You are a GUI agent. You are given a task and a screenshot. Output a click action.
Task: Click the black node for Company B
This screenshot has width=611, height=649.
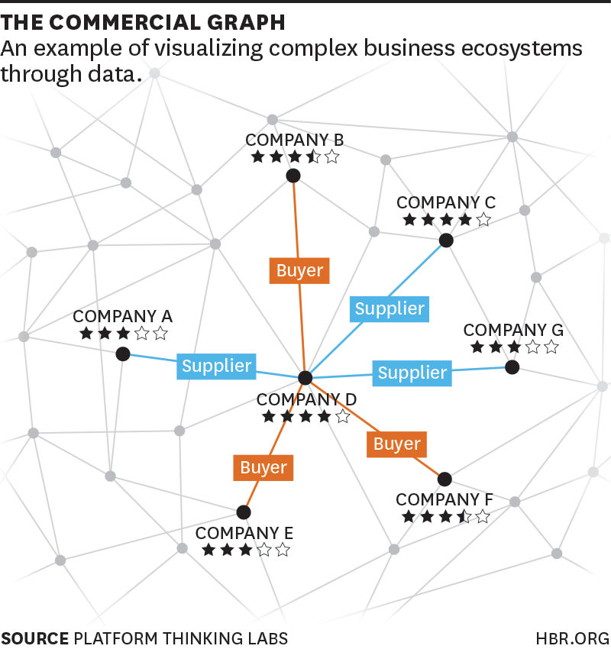(293, 176)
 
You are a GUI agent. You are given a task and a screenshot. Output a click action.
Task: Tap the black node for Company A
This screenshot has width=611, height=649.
(123, 354)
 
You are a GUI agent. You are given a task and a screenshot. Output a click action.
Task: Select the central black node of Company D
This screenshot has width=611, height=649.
(305, 377)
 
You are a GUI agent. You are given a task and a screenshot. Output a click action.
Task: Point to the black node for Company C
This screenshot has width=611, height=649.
(446, 240)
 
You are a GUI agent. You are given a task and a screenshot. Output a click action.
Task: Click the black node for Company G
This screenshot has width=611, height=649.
(512, 366)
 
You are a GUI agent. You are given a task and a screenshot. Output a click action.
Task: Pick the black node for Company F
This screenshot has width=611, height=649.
(445, 479)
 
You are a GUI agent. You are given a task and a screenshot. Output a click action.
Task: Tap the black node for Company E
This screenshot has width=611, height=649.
(244, 512)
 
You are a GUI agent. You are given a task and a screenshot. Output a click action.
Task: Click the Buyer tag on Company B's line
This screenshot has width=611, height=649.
(299, 271)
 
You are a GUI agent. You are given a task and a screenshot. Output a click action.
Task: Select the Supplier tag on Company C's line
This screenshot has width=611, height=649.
(390, 308)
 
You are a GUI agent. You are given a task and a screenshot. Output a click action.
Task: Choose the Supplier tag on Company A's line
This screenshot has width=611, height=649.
(216, 366)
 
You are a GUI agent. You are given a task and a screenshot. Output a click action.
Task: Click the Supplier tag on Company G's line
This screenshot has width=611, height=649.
(412, 373)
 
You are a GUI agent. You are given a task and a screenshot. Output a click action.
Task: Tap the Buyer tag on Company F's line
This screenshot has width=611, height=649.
(396, 444)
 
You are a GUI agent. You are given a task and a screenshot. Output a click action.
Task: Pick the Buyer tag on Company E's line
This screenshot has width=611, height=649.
(263, 468)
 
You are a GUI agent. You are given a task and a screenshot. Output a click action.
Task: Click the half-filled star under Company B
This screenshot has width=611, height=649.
(313, 157)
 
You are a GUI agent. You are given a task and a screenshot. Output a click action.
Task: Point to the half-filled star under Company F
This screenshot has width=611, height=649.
(464, 516)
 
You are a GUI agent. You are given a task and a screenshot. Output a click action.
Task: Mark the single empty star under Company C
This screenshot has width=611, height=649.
(483, 219)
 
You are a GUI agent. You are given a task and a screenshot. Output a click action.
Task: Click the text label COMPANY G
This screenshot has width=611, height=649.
(513, 330)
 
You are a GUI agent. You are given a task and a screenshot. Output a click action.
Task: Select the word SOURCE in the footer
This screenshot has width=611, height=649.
(35, 638)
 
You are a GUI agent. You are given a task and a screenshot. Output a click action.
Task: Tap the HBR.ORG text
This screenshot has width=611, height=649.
(573, 638)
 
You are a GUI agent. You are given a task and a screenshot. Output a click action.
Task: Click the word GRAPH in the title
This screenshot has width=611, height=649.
(246, 22)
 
